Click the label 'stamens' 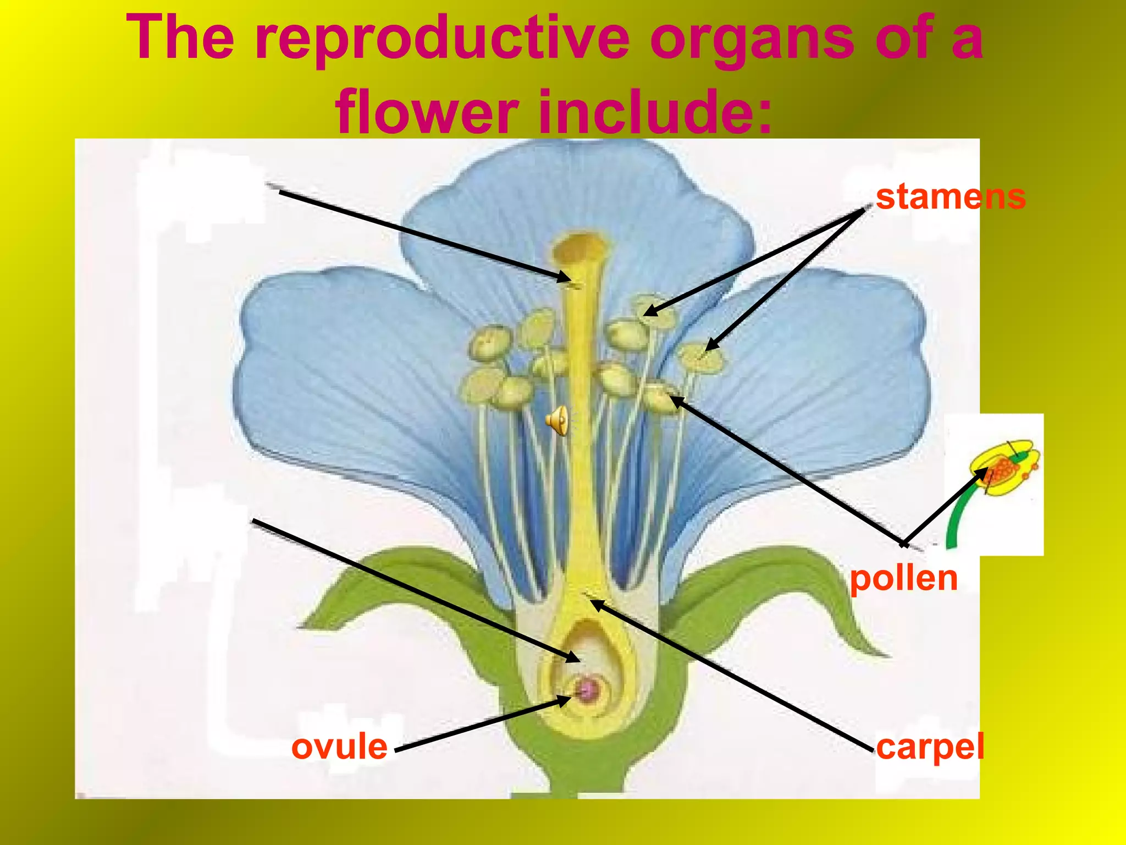tap(951, 197)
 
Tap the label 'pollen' tap(904, 578)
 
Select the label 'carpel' tap(930, 747)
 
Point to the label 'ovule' tap(339, 747)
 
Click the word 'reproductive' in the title tap(443, 39)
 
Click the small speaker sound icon tap(557, 421)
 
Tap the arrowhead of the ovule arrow tap(566, 700)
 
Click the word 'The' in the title tap(180, 39)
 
